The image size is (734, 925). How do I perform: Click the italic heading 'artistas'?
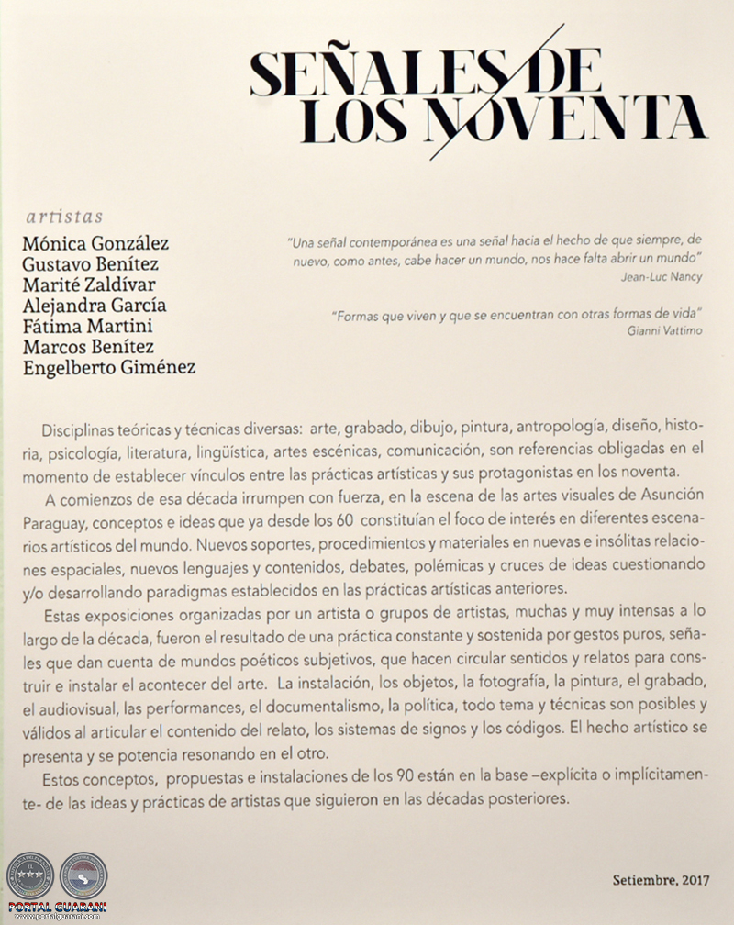pos(64,217)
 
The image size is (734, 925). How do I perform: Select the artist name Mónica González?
pos(95,244)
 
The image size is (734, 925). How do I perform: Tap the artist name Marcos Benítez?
pos(88,346)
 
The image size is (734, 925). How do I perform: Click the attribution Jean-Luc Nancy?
pos(660,276)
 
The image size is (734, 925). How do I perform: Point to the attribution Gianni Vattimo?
pos(665,330)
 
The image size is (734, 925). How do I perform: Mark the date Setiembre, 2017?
pos(662,880)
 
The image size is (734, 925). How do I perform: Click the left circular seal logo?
pos(29,875)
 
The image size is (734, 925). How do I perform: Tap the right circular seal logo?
pos(83,875)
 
